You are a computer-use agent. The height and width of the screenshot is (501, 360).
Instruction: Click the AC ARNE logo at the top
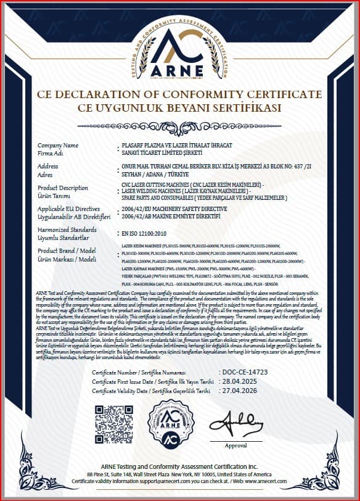[180, 49]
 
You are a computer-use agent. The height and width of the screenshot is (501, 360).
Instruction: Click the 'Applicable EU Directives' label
[69, 209]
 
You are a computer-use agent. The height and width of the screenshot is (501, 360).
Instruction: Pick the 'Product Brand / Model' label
[67, 251]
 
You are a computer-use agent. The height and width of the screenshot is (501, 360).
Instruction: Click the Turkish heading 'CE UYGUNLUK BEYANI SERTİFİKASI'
[179, 108]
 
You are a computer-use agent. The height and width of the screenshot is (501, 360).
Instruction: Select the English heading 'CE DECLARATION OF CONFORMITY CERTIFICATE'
[179, 95]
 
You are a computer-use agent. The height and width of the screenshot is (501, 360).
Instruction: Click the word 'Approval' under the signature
[235, 445]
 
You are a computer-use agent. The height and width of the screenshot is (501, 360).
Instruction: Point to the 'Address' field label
[48, 166]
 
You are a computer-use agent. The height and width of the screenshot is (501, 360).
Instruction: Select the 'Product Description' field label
[63, 188]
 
